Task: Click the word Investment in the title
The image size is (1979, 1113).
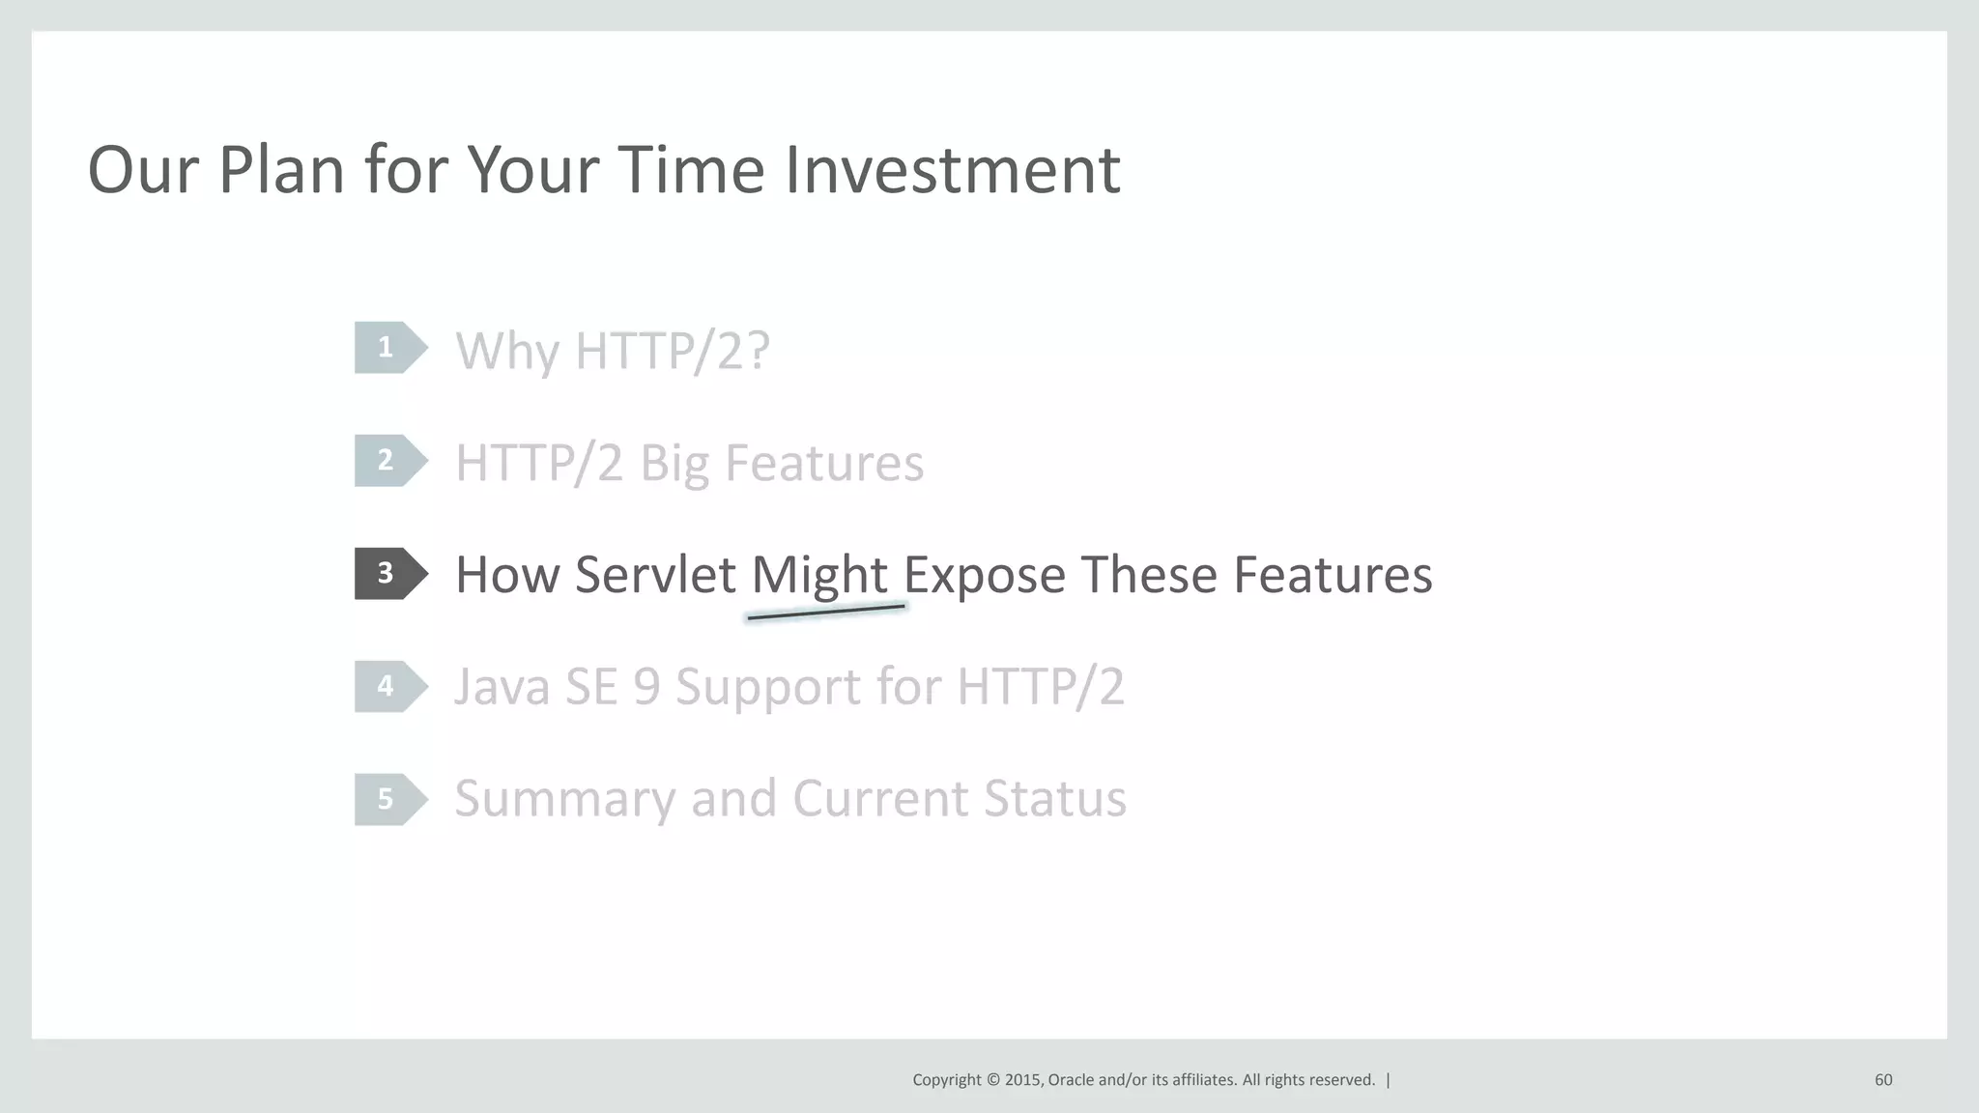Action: (951, 170)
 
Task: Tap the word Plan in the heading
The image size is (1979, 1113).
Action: (280, 170)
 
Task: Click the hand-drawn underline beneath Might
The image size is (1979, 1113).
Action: (826, 613)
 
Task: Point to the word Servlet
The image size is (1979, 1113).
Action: (655, 575)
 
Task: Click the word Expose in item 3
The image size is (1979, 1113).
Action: (985, 575)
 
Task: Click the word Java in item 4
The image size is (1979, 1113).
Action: (501, 687)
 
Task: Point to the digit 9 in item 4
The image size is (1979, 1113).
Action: (645, 687)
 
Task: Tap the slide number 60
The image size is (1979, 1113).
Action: (1882, 1080)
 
